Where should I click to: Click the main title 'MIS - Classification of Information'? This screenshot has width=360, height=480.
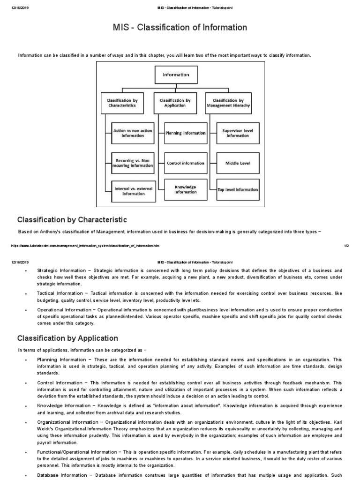[x=180, y=28]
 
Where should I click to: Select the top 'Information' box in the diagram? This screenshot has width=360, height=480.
[x=176, y=75]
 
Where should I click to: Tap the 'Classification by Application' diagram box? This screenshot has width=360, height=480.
[x=175, y=103]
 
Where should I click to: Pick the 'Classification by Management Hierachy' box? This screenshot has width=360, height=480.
[x=228, y=103]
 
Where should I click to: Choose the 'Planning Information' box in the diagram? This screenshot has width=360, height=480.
[x=186, y=133]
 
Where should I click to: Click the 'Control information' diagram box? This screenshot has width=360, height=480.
[x=186, y=163]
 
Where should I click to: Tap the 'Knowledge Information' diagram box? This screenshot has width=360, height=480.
[x=186, y=189]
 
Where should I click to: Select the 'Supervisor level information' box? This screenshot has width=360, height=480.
[x=238, y=133]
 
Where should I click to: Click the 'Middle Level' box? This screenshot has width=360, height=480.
[x=238, y=163]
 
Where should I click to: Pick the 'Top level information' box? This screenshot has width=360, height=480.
[x=238, y=189]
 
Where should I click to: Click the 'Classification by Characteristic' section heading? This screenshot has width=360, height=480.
[x=72, y=220]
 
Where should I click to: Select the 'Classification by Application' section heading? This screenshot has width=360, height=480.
[x=67, y=338]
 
